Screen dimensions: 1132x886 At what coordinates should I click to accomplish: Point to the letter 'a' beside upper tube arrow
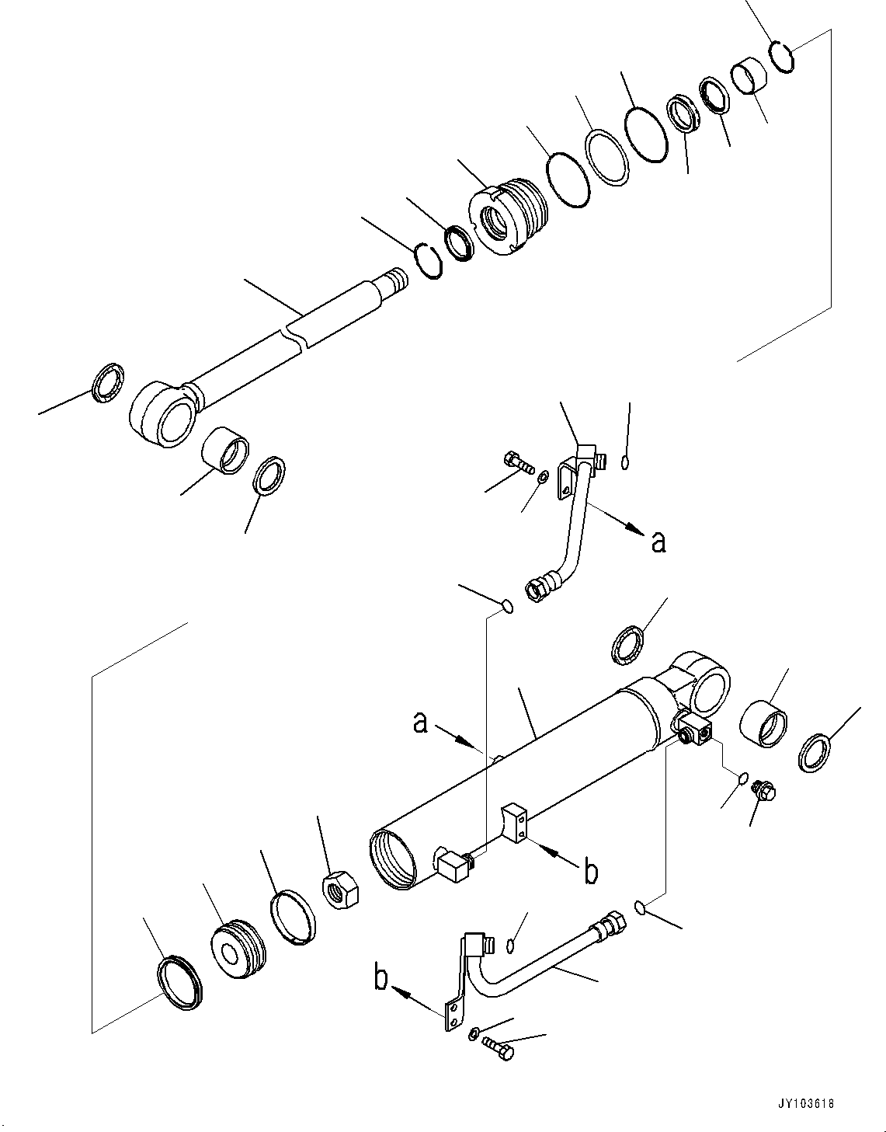(658, 542)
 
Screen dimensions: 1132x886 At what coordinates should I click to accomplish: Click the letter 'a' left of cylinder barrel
(420, 723)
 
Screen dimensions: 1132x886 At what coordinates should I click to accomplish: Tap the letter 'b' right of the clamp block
(591, 873)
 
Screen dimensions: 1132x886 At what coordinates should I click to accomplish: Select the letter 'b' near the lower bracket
(381, 979)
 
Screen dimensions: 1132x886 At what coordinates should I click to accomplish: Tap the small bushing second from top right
(749, 75)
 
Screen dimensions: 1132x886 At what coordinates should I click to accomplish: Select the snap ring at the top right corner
(782, 57)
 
